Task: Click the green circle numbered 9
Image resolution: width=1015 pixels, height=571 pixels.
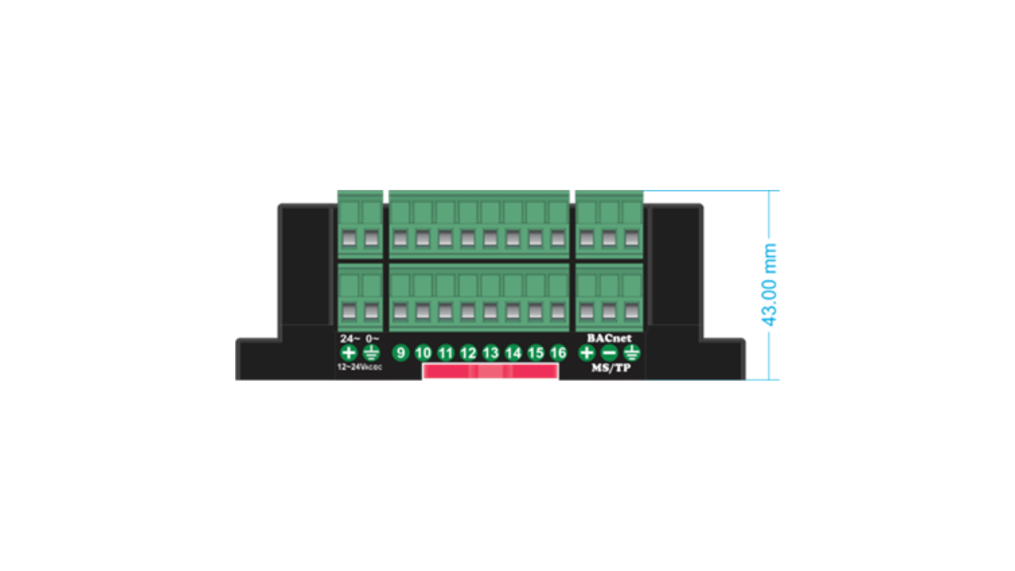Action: pyautogui.click(x=401, y=353)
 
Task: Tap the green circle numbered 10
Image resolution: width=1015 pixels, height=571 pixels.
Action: pyautogui.click(x=423, y=353)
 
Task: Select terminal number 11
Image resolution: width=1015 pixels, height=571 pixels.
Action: pyautogui.click(x=446, y=353)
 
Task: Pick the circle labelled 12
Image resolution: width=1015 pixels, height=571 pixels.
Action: pyautogui.click(x=468, y=353)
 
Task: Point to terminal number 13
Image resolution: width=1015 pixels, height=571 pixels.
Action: pyautogui.click(x=491, y=353)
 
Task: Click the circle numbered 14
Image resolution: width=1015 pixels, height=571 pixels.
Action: pyautogui.click(x=513, y=353)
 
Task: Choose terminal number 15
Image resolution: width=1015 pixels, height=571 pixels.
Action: pyautogui.click(x=536, y=353)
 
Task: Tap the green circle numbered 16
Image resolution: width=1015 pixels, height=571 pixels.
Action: pyautogui.click(x=558, y=353)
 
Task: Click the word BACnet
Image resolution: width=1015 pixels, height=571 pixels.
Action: pyautogui.click(x=609, y=338)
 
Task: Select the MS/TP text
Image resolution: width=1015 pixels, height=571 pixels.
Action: pyautogui.click(x=611, y=368)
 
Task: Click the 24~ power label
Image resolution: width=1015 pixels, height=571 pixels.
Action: pyautogui.click(x=349, y=339)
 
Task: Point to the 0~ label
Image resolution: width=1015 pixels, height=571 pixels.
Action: pyautogui.click(x=372, y=339)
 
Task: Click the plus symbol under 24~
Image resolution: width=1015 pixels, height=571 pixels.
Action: pyautogui.click(x=348, y=353)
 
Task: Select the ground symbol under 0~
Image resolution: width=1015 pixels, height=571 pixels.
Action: pyautogui.click(x=372, y=353)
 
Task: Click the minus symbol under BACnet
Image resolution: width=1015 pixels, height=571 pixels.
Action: pyautogui.click(x=609, y=353)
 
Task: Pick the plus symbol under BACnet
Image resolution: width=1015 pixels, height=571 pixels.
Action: pyautogui.click(x=586, y=353)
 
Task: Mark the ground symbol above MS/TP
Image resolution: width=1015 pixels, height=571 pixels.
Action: pyautogui.click(x=632, y=353)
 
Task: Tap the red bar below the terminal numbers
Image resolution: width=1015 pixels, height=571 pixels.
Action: pyautogui.click(x=490, y=372)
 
